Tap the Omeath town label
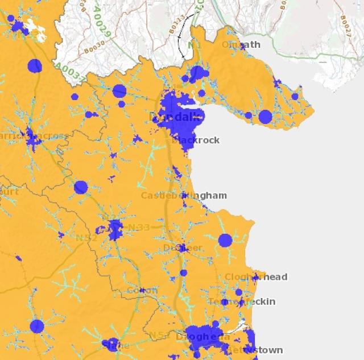coord(241,44)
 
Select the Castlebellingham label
coord(183,195)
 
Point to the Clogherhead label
coord(255,277)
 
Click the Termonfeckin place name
coord(241,301)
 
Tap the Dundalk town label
coord(175,117)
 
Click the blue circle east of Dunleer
coord(225,240)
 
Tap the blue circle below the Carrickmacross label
coord(81,187)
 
